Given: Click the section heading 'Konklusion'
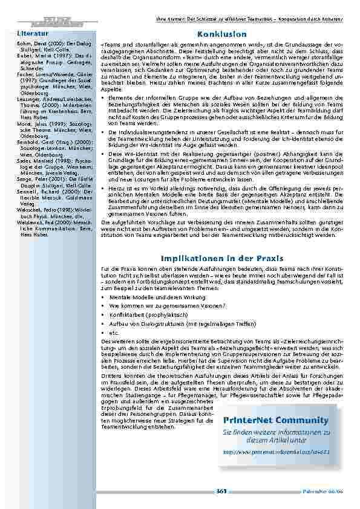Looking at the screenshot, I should click(x=221, y=35).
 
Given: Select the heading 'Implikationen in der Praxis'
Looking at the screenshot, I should click(x=221, y=258).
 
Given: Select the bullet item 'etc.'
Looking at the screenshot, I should click(x=116, y=332).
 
